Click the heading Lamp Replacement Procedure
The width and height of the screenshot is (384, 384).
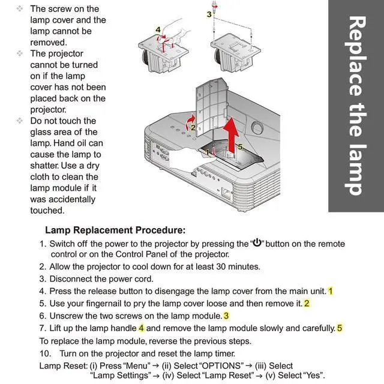point(115,230)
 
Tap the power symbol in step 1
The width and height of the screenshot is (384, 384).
point(257,243)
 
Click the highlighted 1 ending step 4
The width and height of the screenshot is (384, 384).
point(330,291)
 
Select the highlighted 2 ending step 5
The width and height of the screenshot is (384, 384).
point(307,303)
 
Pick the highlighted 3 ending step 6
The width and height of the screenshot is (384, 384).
point(226,316)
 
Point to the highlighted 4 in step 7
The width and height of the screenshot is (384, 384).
point(141,328)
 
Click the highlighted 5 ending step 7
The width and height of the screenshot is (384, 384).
point(339,328)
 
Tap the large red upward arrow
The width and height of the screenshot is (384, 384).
point(229,131)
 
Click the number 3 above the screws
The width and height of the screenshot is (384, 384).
point(209,14)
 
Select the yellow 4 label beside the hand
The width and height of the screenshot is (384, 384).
point(158,29)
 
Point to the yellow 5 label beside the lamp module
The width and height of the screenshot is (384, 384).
point(240,146)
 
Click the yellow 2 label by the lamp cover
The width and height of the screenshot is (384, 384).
point(193,127)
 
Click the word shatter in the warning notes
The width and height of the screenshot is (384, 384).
point(47,165)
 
